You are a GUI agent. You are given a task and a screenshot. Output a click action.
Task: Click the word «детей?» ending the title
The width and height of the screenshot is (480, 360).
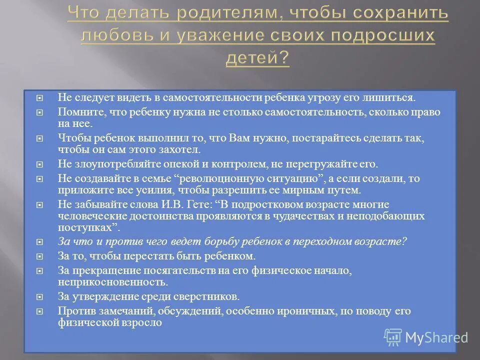click(x=257, y=59)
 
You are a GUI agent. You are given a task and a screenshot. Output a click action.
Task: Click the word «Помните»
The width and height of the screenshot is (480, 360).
click(x=80, y=112)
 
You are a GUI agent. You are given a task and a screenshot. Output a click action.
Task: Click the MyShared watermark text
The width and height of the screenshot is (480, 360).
click(x=436, y=337)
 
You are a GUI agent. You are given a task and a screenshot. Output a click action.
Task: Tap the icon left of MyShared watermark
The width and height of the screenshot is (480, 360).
click(x=392, y=337)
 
